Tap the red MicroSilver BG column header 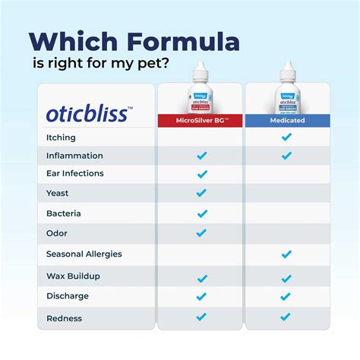pyautogui.click(x=201, y=120)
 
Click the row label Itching pyautogui.click(x=61, y=137)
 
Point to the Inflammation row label pyautogui.click(x=74, y=156)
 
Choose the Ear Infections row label pyautogui.click(x=75, y=174)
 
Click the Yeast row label pyautogui.click(x=58, y=193)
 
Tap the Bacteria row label pyautogui.click(x=63, y=213)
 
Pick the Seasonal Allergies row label pyautogui.click(x=84, y=254)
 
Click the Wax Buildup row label pyautogui.click(x=73, y=276)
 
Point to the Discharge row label pyautogui.click(x=68, y=296)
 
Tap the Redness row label pyautogui.click(x=65, y=318)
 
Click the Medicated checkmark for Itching pyautogui.click(x=286, y=137)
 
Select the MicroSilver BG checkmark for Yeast pyautogui.click(x=201, y=193)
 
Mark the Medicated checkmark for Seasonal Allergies pyautogui.click(x=286, y=254)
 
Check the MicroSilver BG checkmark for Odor pyautogui.click(x=201, y=233)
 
